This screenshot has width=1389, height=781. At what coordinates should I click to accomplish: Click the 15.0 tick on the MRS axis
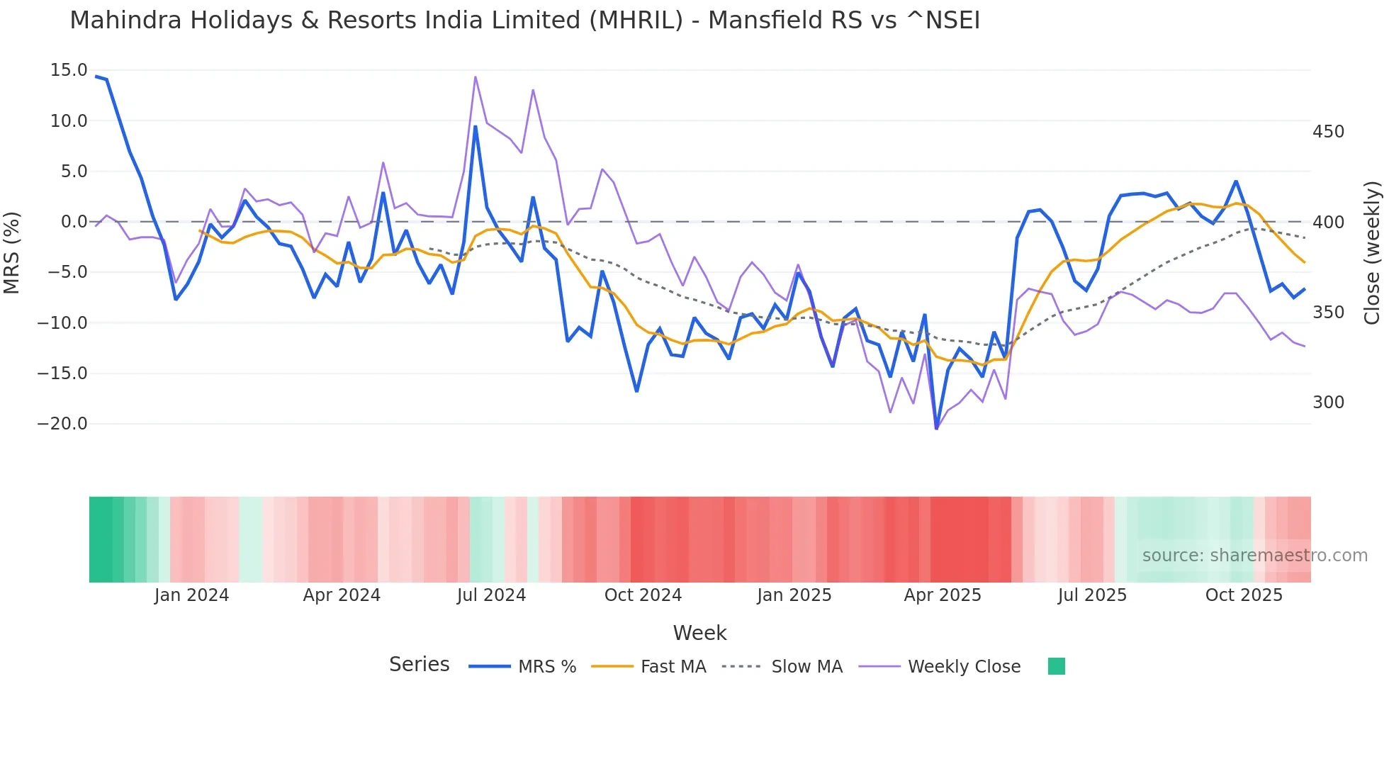pos(69,70)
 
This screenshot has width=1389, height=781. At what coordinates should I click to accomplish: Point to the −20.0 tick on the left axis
pos(62,424)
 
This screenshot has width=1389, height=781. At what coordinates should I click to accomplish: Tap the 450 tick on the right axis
pos(1328,132)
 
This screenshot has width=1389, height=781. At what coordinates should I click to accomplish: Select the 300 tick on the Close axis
pos(1328,403)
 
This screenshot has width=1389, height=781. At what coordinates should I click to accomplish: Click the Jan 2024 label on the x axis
pos(191,595)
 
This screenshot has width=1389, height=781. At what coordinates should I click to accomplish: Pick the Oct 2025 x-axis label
pos(1244,595)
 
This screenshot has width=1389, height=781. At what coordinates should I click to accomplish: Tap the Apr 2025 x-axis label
pos(943,595)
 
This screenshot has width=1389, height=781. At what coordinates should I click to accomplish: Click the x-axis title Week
pos(699,633)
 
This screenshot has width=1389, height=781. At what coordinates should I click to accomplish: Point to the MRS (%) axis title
pos(12,253)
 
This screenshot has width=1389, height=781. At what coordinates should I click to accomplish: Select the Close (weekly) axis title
pos(1373,253)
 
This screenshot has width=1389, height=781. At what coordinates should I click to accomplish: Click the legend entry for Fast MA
pos(673,667)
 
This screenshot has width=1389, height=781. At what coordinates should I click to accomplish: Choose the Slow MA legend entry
pos(806,667)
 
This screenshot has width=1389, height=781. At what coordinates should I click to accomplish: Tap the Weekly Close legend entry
pos(964,667)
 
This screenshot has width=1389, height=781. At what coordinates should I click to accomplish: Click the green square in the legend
pos(1056,666)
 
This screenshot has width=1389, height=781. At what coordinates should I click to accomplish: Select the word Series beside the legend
pos(419,665)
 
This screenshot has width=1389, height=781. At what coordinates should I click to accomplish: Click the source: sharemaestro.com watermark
pos(1254,556)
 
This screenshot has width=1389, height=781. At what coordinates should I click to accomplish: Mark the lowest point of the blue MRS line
pos(936,428)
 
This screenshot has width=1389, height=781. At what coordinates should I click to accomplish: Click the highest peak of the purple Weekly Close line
pos(475,77)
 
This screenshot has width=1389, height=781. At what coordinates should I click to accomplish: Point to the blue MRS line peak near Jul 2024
pos(475,127)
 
